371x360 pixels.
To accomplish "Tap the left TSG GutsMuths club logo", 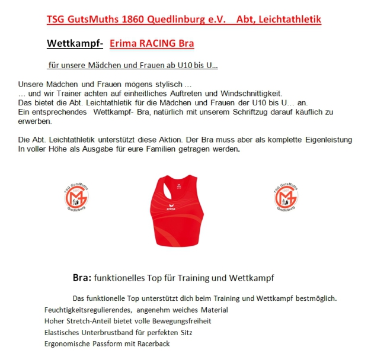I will (76, 197).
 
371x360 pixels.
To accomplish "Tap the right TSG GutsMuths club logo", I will (287, 197).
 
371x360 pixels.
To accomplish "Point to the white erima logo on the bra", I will (171, 208).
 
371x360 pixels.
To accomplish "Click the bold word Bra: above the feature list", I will (81, 277).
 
